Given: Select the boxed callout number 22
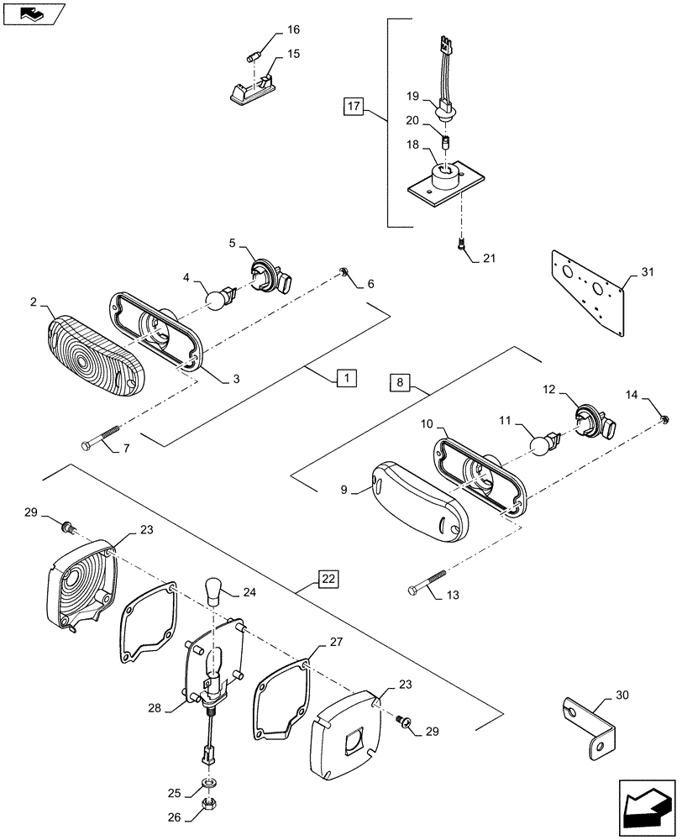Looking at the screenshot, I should click(x=328, y=580).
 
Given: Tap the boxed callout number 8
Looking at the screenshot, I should click(x=400, y=383).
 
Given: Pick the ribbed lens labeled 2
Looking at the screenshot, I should click(x=94, y=356).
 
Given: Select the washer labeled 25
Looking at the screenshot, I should click(x=207, y=786).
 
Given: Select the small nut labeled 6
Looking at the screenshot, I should click(x=345, y=270).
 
